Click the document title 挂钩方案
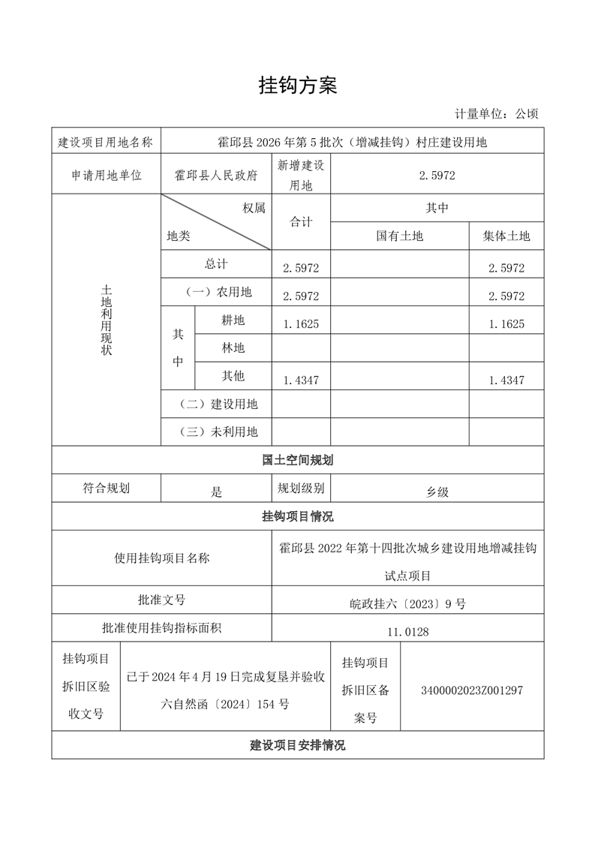[298, 86]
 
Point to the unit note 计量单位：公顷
[496, 114]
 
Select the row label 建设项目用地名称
[106, 141]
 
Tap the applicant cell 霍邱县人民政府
[216, 175]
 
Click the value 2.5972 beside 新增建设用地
[437, 175]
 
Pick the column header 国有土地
[400, 236]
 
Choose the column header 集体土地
[506, 236]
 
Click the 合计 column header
[301, 222]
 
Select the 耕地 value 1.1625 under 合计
[301, 324]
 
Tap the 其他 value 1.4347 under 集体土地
[506, 380]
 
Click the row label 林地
[233, 348]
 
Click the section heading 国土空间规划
[298, 460]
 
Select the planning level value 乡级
[437, 492]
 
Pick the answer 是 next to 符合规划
[217, 492]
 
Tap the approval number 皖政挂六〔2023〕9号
[408, 603]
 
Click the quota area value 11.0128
[408, 632]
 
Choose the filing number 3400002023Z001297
[473, 690]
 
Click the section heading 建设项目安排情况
[298, 745]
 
